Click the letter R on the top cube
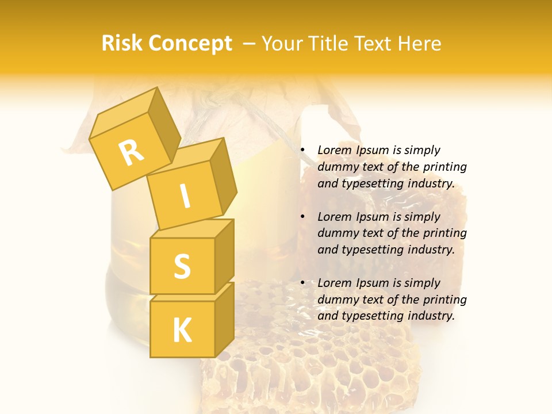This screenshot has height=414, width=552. click(131, 153)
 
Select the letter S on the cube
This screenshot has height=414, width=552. click(182, 266)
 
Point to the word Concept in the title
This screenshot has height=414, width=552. click(191, 44)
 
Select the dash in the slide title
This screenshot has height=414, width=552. click(250, 44)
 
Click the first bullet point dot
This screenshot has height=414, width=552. click(302, 151)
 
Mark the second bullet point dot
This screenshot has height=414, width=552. click(302, 217)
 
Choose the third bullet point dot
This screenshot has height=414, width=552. click(302, 283)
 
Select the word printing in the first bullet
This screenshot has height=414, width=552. click(445, 167)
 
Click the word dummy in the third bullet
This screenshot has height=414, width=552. click(336, 300)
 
